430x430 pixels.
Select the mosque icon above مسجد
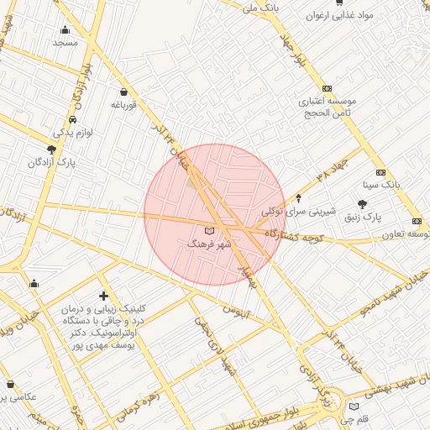[x=66, y=29]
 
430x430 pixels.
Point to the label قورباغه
[x=123, y=105]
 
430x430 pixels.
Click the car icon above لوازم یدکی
[x=74, y=119]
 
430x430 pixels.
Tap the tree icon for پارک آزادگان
[x=52, y=149]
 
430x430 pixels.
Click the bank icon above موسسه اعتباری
[x=327, y=88]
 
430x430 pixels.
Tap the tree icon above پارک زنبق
[x=362, y=204]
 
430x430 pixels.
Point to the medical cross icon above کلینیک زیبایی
[x=103, y=296]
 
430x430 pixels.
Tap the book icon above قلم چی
[x=354, y=406]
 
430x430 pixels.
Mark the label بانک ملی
[x=260, y=7]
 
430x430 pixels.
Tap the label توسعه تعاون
[x=408, y=233]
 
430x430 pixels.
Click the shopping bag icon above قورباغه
[x=124, y=92]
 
